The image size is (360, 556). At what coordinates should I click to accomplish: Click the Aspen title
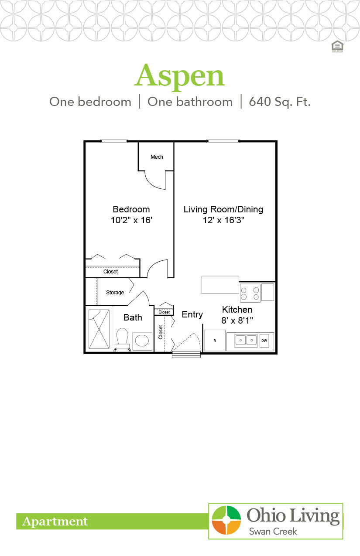click(179, 76)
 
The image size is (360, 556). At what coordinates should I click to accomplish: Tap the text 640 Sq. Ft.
click(280, 102)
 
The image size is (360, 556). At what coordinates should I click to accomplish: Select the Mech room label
click(157, 157)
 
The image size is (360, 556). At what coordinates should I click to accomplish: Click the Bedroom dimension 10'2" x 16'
click(131, 220)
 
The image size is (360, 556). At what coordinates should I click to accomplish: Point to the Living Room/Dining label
click(223, 209)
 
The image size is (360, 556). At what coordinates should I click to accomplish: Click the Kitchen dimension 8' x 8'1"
click(237, 320)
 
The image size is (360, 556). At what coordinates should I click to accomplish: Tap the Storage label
click(115, 293)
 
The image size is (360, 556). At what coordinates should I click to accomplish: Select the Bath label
click(133, 317)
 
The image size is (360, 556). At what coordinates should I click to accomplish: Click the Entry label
click(192, 314)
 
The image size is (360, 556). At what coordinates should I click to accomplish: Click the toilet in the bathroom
click(123, 339)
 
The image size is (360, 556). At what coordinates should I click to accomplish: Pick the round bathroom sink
click(142, 341)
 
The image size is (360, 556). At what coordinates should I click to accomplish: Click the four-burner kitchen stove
click(250, 293)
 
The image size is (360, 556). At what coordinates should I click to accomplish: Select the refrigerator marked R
click(215, 340)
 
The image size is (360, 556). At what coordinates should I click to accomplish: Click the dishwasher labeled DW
click(264, 340)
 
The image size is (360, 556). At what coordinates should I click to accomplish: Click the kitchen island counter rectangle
click(220, 285)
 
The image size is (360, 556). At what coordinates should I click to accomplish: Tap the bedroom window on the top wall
click(114, 141)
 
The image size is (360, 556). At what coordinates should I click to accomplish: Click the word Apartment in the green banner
click(55, 522)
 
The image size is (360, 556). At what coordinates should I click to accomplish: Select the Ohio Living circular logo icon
click(226, 520)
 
